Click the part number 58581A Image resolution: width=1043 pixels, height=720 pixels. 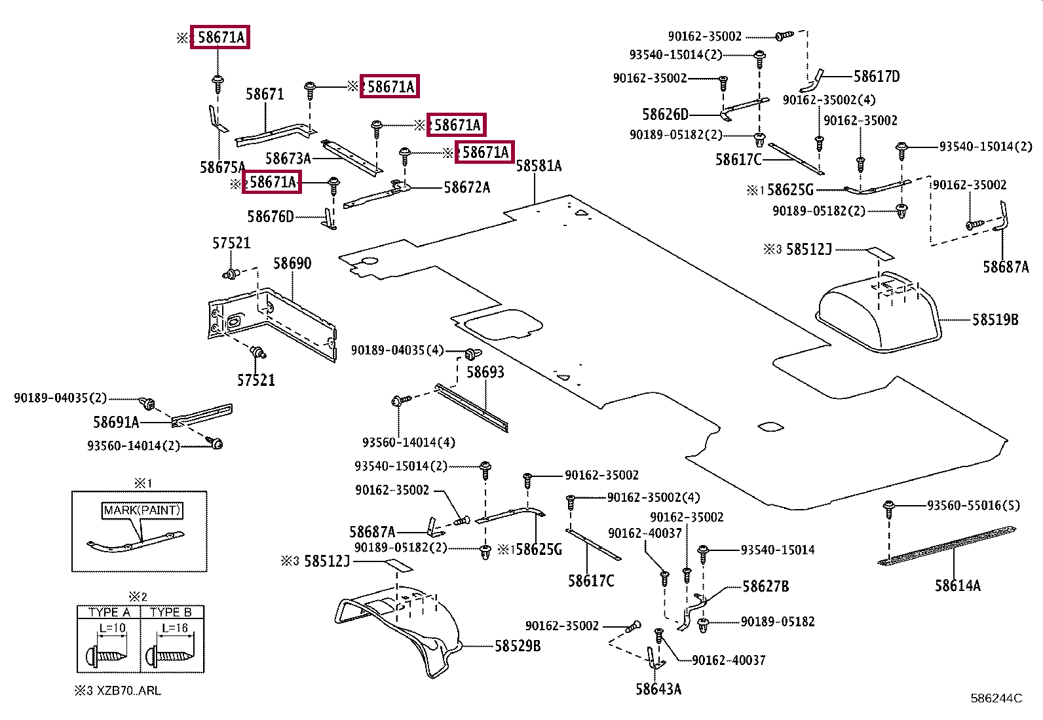point(539,166)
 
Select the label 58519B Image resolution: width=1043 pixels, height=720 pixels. point(995,320)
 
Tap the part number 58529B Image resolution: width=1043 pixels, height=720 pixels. point(518,646)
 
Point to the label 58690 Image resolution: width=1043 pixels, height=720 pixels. point(292,263)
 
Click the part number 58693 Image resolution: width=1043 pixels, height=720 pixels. point(485,371)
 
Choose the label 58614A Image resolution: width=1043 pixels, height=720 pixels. point(957,585)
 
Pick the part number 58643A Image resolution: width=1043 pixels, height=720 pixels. point(658,689)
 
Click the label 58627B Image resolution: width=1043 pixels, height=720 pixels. point(765,586)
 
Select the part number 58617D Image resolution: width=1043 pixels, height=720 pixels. point(877,77)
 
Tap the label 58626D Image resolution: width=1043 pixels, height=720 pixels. point(665,114)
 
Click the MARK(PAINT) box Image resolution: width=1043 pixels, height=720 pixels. point(142,510)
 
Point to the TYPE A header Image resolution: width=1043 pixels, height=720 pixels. point(109,612)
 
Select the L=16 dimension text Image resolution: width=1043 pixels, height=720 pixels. point(175,628)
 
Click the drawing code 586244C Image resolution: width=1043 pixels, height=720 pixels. point(996,698)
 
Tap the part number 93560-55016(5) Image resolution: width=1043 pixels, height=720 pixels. point(973,505)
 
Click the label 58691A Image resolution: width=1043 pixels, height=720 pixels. point(116,422)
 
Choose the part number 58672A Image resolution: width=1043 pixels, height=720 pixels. point(466,187)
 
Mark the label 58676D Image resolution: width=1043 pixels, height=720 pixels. point(270,217)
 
